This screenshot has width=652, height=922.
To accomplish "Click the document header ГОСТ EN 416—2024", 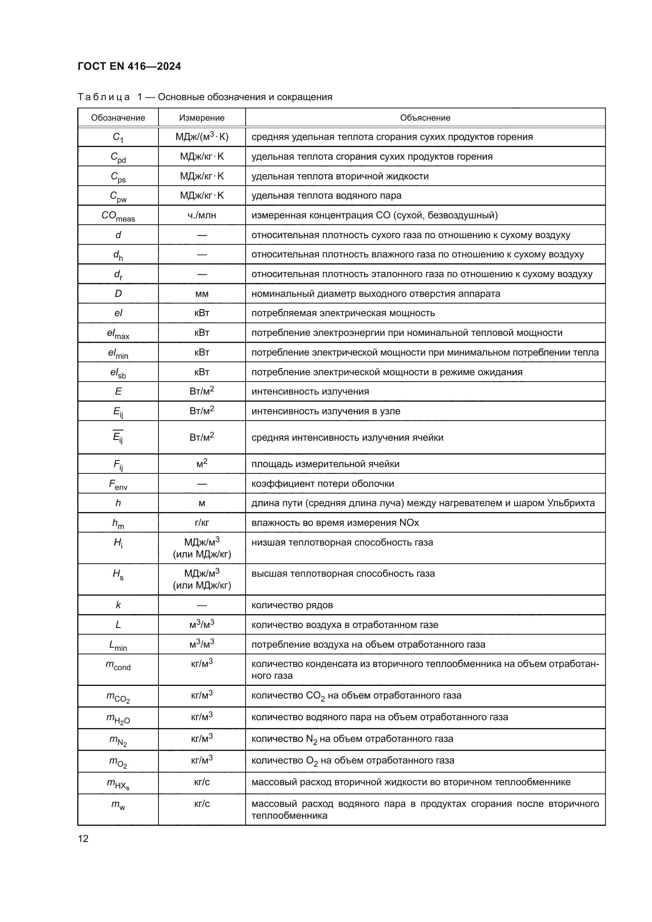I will (129, 66).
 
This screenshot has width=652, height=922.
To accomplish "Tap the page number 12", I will (83, 838).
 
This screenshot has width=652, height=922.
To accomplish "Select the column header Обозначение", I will (118, 117).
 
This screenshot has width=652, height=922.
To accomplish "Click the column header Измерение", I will (201, 117).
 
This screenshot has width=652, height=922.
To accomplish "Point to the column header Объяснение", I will (425, 117).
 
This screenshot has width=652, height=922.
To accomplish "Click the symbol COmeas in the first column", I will (118, 216).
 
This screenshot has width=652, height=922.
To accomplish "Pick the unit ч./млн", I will (201, 215).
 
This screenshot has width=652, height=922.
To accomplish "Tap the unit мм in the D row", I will (201, 294).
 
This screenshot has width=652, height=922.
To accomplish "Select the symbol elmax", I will (118, 333).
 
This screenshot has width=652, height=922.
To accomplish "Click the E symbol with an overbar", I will (118, 437).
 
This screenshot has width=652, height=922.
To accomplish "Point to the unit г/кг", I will (201, 522).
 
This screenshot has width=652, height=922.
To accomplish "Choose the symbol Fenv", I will (118, 484).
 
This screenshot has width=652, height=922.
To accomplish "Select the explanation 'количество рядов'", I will (292, 605).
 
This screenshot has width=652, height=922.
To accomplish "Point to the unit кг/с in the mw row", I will (201, 803).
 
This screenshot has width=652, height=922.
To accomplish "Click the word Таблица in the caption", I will (104, 97).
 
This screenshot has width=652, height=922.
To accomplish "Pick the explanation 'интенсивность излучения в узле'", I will (326, 411).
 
